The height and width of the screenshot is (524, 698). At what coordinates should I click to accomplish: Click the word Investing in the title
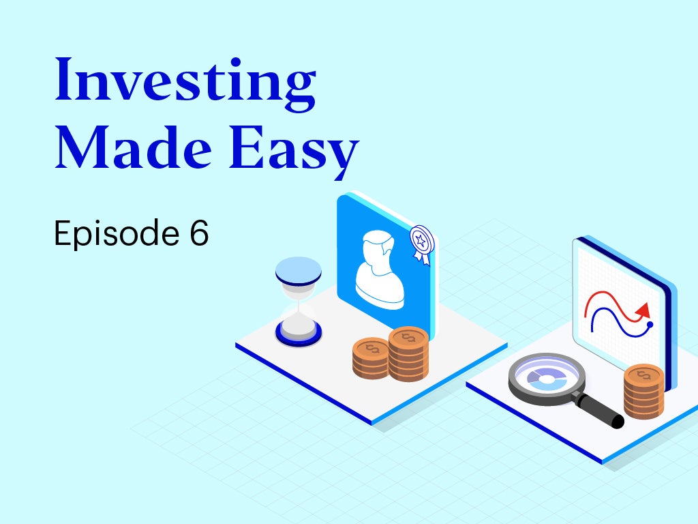(x=185, y=85)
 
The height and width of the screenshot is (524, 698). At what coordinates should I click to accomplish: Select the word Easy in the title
(x=293, y=151)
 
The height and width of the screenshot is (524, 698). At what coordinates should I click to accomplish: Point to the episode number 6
(x=199, y=232)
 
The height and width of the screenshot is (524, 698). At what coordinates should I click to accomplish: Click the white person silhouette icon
(x=380, y=270)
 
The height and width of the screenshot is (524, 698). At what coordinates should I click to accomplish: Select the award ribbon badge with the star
(x=421, y=245)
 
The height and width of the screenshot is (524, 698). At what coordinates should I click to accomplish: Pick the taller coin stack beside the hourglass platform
(x=409, y=354)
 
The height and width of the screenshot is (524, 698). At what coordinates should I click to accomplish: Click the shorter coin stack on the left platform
(x=370, y=358)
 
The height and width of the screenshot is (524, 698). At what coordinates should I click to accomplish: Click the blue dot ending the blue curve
(x=650, y=324)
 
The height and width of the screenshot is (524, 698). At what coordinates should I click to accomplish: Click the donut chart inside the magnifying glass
(x=547, y=378)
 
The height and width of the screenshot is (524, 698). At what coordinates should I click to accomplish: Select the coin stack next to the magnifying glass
(x=643, y=392)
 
